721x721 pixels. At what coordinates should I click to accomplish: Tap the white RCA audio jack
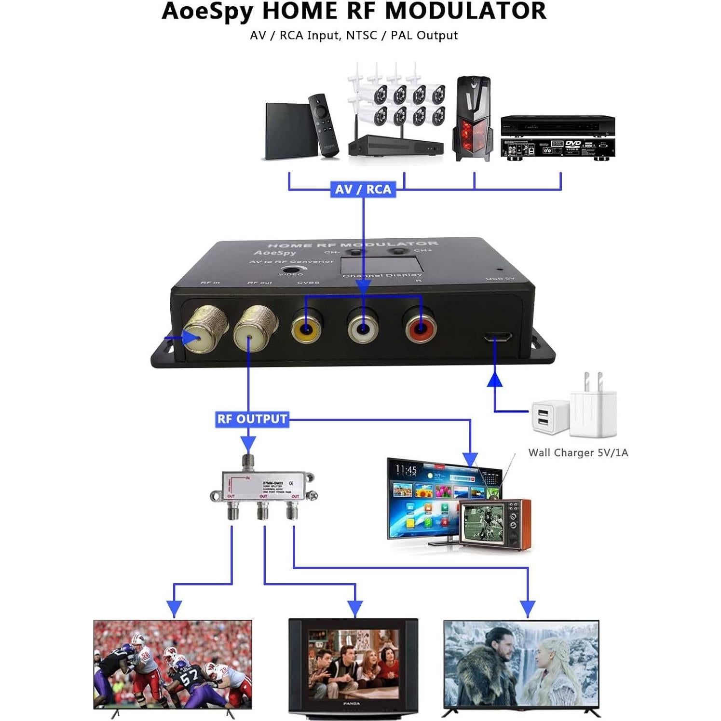[363, 328]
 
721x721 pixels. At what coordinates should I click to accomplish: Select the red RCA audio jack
[421, 328]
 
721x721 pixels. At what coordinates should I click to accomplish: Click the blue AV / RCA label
[363, 190]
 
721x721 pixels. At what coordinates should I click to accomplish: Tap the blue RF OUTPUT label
[252, 419]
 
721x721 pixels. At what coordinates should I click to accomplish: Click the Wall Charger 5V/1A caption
[578, 452]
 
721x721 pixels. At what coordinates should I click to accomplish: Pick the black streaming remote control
[324, 125]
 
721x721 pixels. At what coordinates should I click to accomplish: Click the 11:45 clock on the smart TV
[406, 469]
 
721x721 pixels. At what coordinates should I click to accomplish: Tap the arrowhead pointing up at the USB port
[494, 380]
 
